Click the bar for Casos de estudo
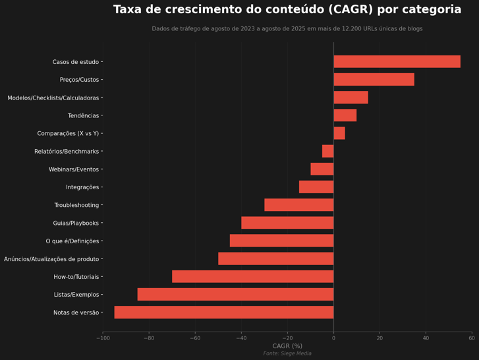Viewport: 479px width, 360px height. click(x=397, y=62)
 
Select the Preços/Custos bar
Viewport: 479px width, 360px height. click(x=374, y=80)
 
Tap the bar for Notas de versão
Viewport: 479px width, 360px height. click(x=224, y=313)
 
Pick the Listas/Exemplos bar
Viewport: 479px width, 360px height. click(x=235, y=295)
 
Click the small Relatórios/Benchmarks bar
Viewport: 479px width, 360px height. click(x=327, y=152)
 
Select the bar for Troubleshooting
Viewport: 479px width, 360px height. click(x=299, y=205)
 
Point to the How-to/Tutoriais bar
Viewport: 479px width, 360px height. click(x=253, y=277)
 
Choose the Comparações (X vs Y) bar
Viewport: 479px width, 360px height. click(x=339, y=133)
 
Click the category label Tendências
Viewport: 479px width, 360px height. click(x=83, y=116)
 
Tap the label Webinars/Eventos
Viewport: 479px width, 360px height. click(x=74, y=169)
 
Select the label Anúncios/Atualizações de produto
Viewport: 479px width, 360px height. click(x=51, y=259)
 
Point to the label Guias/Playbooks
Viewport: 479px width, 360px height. click(x=76, y=224)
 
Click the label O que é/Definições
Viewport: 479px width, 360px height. click(x=72, y=241)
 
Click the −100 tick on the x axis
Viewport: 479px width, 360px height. click(x=102, y=338)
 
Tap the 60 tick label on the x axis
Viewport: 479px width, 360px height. click(x=472, y=338)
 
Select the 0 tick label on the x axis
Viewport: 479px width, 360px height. click(x=333, y=338)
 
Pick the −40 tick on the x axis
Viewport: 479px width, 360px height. click(x=240, y=338)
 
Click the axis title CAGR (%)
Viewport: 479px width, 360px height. click(x=287, y=346)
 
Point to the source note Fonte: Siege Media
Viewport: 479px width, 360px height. click(x=287, y=354)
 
